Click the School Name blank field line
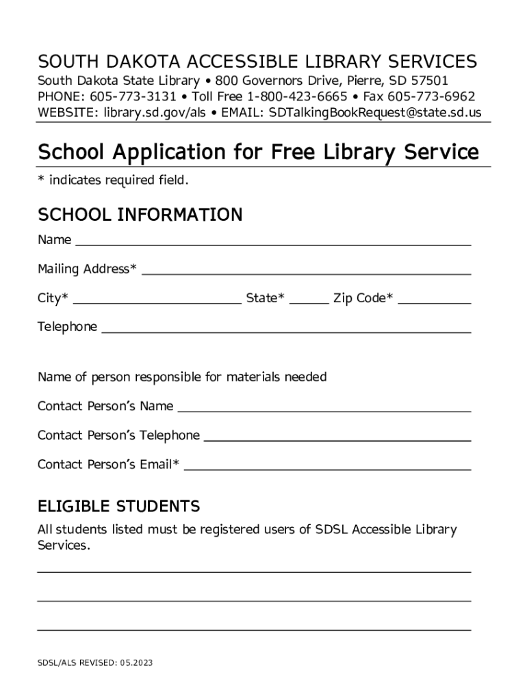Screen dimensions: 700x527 [x=272, y=241]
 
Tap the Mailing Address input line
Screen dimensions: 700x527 [x=306, y=270]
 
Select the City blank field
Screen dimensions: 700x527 [x=157, y=299]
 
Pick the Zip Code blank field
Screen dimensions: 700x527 [x=434, y=299]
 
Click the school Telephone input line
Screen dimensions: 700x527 [x=286, y=328]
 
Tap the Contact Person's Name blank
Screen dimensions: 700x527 [x=324, y=407]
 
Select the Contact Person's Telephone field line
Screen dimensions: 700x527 [x=337, y=437]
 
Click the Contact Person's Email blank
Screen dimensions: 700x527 [x=328, y=466]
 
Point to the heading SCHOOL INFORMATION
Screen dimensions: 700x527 [x=140, y=215]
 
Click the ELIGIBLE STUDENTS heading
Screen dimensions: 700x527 [x=118, y=507]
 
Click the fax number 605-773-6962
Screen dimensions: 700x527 [x=431, y=96]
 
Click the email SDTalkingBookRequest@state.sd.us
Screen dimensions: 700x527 [x=375, y=111]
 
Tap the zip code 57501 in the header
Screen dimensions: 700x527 [x=429, y=81]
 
